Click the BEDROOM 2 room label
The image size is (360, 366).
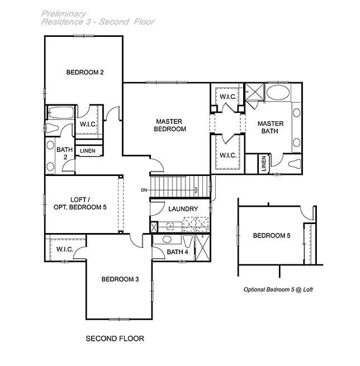[86, 72]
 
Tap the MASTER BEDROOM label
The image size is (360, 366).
[170, 125]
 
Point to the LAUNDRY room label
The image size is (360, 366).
[183, 209]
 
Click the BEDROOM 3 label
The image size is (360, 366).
[120, 279]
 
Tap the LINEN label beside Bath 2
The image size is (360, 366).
[88, 151]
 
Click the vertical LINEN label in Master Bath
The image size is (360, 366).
[263, 165]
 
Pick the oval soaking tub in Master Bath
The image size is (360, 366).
[278, 93]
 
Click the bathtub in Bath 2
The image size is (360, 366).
[58, 112]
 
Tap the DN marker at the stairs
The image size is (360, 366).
[144, 191]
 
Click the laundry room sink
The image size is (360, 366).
[171, 226]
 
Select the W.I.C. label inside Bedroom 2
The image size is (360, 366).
[87, 124]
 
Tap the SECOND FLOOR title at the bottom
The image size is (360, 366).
[115, 338]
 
